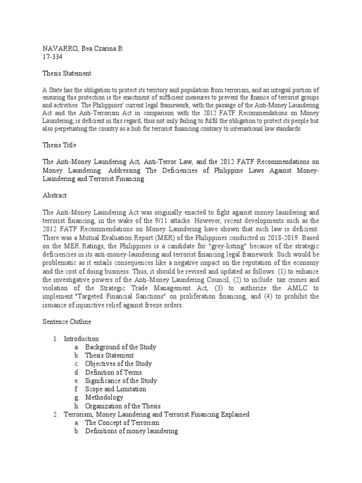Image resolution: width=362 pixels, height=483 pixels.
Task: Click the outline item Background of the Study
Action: [x=121, y=347]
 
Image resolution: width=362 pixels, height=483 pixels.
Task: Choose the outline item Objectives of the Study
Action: [x=118, y=364]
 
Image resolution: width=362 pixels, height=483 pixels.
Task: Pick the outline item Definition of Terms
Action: [x=113, y=372]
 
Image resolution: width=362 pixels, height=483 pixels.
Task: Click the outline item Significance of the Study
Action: [x=121, y=381]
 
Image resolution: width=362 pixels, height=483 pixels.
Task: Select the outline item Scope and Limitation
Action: [x=115, y=389]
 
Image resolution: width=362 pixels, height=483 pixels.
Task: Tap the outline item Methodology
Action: [x=104, y=398]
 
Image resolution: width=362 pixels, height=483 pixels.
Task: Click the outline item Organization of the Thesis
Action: [x=123, y=406]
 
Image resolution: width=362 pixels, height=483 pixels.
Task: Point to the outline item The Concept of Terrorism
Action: [x=122, y=423]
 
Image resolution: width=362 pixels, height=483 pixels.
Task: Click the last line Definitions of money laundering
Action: [x=131, y=431]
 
